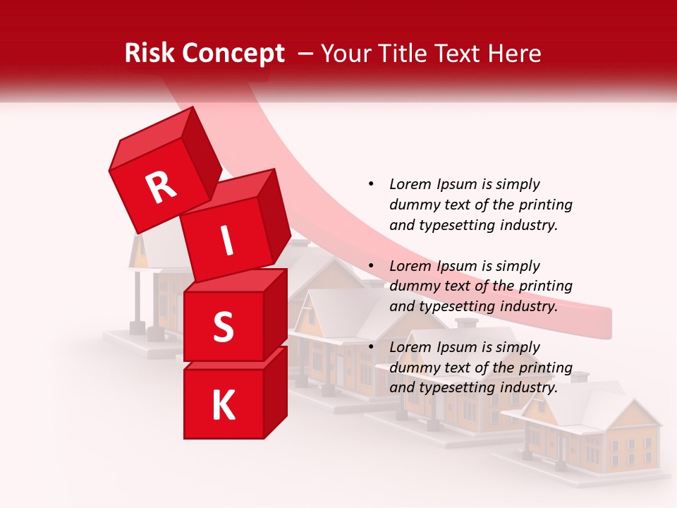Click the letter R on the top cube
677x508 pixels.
pos(161,188)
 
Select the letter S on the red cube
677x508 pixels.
pos(223,327)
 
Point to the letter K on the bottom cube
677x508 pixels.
pos(223,405)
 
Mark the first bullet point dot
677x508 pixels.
pos(371,184)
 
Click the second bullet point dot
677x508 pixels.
pos(371,266)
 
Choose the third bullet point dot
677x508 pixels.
pos(371,347)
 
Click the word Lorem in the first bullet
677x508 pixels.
pos(409,184)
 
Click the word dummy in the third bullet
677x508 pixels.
pos(413,368)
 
